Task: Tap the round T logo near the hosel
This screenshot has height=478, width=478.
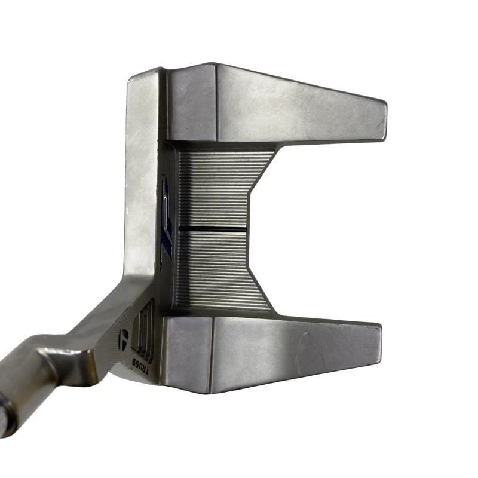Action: click(x=124, y=335)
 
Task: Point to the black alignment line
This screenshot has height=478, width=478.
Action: click(x=213, y=228)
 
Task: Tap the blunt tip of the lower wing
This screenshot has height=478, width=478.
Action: click(x=379, y=345)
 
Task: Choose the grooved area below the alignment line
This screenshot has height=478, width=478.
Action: click(x=218, y=268)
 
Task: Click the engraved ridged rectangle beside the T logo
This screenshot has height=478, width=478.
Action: click(x=142, y=327)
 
